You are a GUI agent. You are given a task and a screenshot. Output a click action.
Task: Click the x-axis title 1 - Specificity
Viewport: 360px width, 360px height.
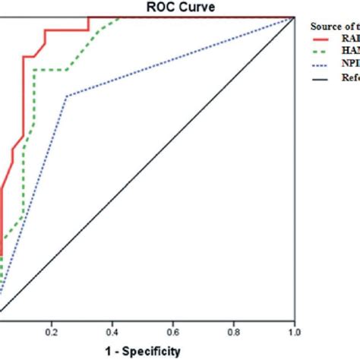(144, 350)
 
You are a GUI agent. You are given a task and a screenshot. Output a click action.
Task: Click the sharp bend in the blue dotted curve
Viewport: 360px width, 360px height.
(68, 96)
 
